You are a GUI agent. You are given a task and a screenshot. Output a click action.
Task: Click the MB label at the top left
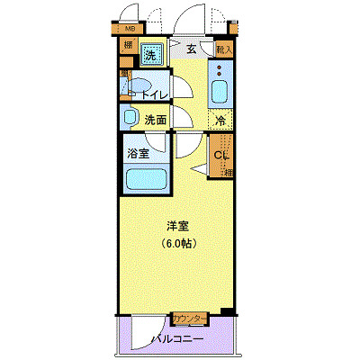click(x=130, y=40)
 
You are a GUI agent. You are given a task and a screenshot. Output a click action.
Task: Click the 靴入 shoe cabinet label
click(x=225, y=50)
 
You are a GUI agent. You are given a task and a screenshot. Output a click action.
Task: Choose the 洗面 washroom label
click(x=155, y=119)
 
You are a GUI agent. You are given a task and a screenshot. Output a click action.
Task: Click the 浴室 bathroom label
click(x=138, y=154)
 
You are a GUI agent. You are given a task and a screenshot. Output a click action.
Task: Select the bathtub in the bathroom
click(x=141, y=180)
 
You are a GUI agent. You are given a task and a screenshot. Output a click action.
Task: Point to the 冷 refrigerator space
click(x=220, y=120)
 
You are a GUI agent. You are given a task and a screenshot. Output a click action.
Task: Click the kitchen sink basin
click(x=220, y=91)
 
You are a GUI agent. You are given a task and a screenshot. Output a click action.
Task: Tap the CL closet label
click(x=220, y=154)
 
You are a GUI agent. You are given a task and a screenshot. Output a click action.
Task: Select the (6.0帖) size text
click(x=179, y=243)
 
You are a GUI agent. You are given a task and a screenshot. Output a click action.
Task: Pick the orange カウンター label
click(x=190, y=319)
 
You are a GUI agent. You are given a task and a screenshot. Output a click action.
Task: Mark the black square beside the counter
click(x=226, y=313)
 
